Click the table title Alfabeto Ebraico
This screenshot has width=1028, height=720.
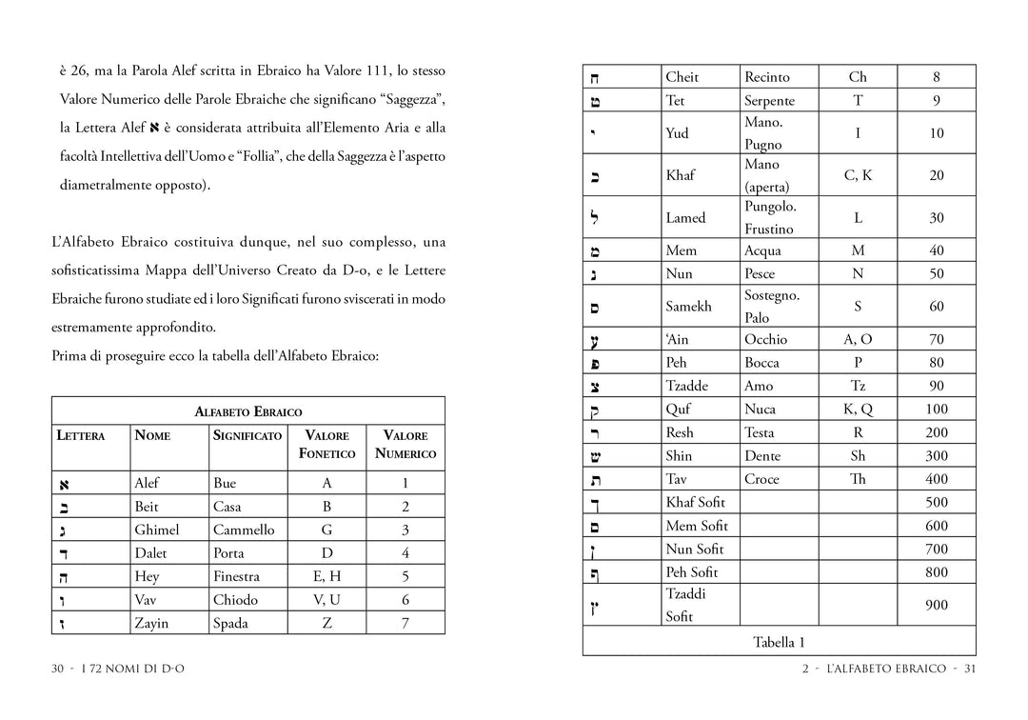[247, 411]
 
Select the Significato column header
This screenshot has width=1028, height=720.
[247, 435]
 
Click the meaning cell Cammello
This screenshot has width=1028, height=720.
[244, 530]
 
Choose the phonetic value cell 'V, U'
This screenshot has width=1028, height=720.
[326, 600]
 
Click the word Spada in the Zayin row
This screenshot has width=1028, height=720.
[230, 624]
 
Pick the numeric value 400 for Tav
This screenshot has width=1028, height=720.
[937, 479]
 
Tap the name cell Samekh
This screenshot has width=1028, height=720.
[688, 307]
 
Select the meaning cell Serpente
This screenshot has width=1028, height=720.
[769, 101]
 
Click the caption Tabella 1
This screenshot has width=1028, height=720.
[779, 642]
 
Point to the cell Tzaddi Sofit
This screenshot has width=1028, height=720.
[685, 605]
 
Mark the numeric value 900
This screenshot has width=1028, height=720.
[937, 605]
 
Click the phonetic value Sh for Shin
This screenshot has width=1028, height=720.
[858, 456]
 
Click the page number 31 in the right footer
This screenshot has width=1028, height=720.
[970, 669]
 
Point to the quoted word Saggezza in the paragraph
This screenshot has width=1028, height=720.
[411, 100]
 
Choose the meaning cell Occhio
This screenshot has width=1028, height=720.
[765, 339]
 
